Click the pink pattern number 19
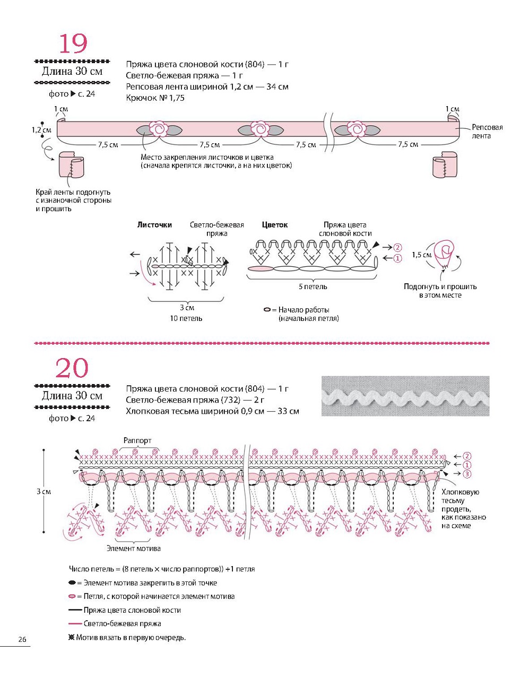(x=73, y=44)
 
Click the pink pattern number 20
(x=72, y=368)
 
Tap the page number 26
(x=22, y=639)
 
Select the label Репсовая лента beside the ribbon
(x=487, y=132)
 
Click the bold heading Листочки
(x=154, y=225)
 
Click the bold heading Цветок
(x=275, y=225)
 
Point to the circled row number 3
(x=467, y=474)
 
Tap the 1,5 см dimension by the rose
(x=422, y=255)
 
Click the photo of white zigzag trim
(x=405, y=396)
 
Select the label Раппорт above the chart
(x=137, y=440)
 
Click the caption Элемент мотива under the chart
(x=134, y=549)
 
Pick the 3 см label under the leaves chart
(x=187, y=308)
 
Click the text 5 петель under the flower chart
(x=313, y=287)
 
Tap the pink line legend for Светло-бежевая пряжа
(x=76, y=624)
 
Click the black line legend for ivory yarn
(x=76, y=610)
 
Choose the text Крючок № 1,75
(x=155, y=98)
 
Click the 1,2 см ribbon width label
(x=41, y=130)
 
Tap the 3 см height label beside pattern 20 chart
(x=44, y=492)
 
